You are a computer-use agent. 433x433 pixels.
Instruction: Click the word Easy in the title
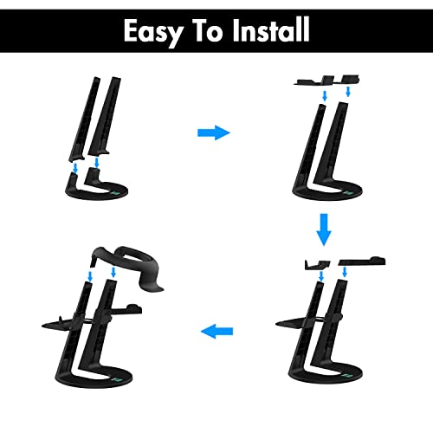point(153,31)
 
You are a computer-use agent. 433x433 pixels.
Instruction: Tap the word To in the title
point(208,30)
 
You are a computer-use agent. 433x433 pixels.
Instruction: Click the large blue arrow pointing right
point(214,132)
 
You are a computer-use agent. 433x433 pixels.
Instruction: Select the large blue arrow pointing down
point(324,229)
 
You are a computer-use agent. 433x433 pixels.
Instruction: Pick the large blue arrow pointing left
point(216,331)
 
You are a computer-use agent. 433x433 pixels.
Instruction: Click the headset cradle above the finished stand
point(127,267)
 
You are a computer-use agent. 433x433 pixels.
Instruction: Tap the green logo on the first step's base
point(116,193)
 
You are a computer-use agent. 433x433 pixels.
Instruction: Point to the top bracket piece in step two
point(326,81)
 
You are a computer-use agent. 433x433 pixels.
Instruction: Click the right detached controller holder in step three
point(362,262)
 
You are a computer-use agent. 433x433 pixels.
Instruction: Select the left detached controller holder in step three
point(317,264)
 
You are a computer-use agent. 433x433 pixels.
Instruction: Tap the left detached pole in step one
point(85,119)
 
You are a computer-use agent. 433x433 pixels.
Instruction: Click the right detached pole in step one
point(104,115)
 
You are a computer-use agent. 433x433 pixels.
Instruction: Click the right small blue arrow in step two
point(348,92)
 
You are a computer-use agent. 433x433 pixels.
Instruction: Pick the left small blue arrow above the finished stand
point(90,276)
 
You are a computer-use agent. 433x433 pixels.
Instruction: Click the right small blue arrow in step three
point(344,272)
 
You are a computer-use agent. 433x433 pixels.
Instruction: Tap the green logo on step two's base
point(347,193)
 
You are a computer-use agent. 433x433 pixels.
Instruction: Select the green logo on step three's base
point(347,376)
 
